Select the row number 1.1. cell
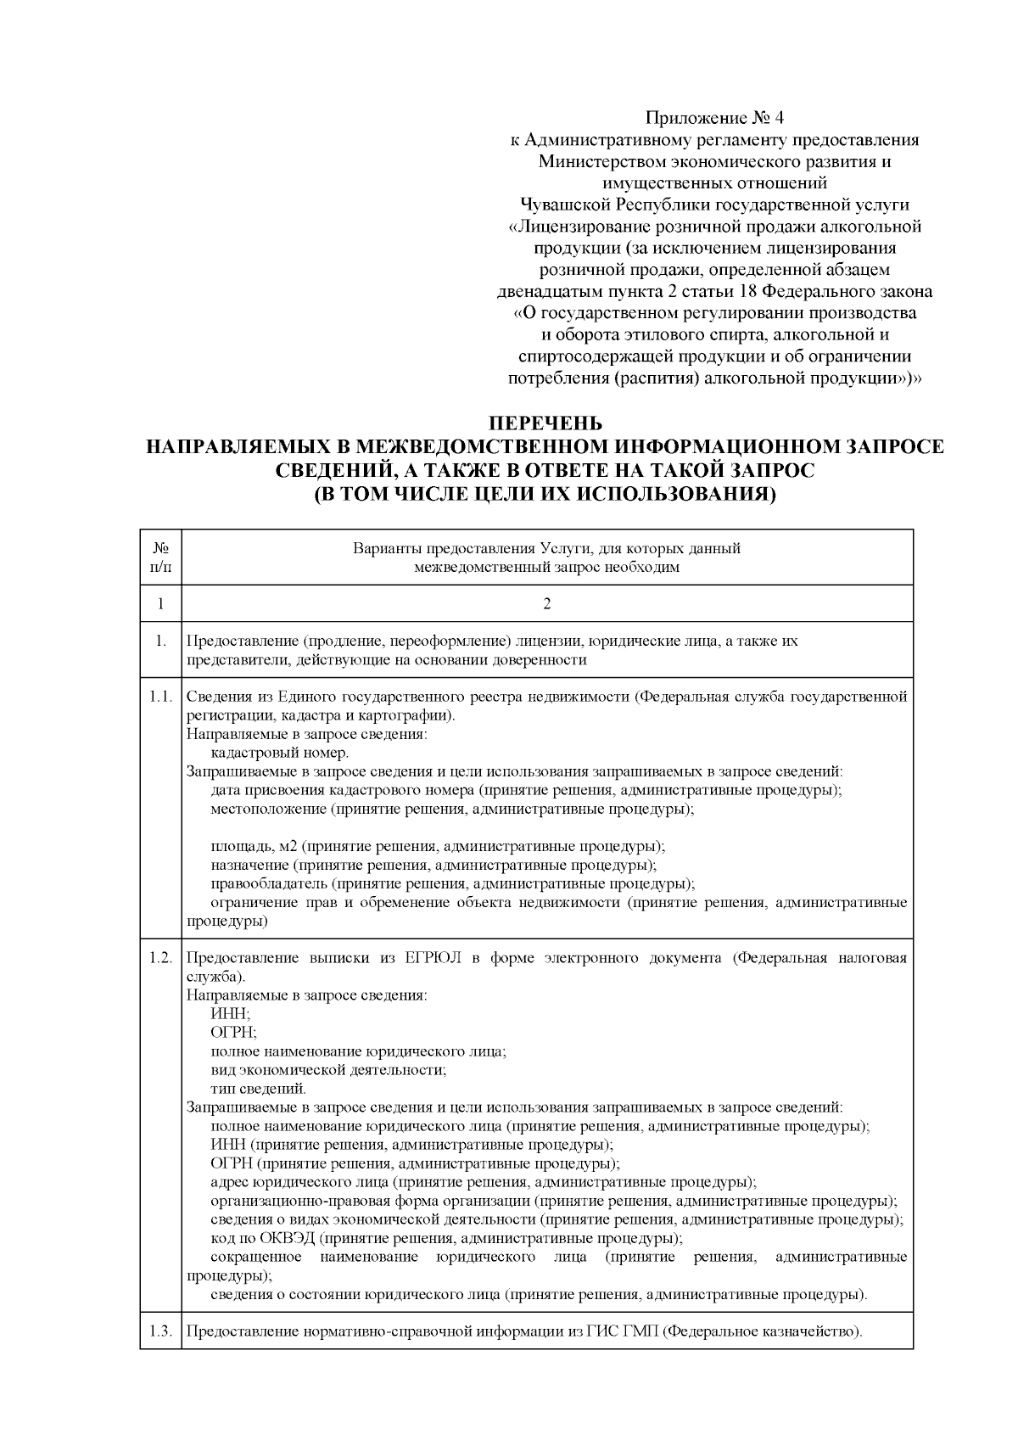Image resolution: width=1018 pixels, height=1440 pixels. pyautogui.click(x=160, y=698)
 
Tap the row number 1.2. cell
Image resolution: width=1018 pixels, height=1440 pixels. pyautogui.click(x=160, y=958)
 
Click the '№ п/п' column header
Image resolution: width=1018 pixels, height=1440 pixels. pyautogui.click(x=160, y=558)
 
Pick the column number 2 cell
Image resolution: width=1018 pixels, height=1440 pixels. pyautogui.click(x=547, y=603)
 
